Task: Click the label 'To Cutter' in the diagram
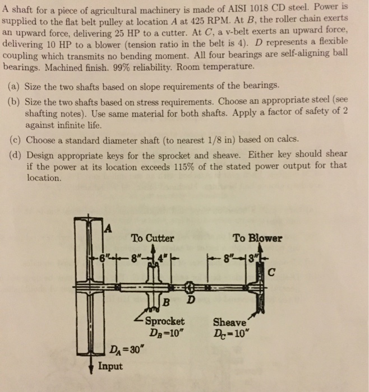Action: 153,238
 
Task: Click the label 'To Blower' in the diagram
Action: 257,238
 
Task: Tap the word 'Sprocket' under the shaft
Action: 165,321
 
